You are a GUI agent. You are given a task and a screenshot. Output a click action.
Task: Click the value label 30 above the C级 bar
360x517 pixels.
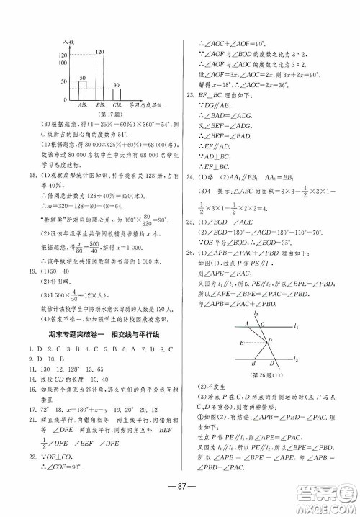tap(117, 86)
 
